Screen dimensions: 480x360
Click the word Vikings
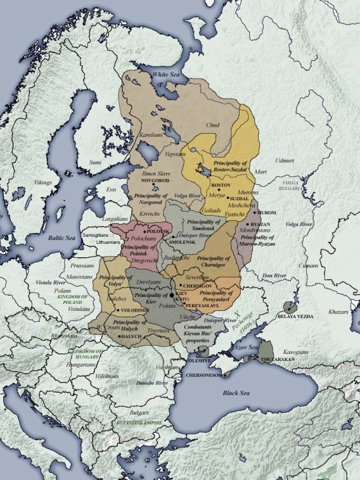(x=43, y=182)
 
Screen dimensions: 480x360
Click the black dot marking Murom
(x=255, y=212)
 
